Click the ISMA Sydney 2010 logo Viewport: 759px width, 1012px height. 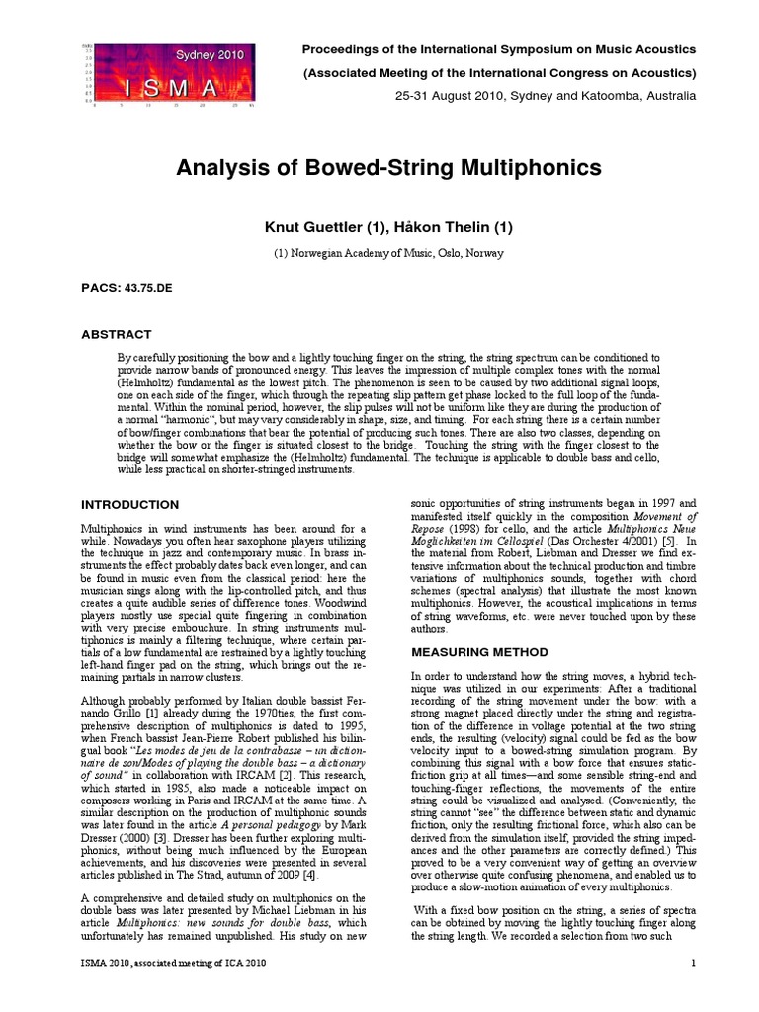pyautogui.click(x=171, y=74)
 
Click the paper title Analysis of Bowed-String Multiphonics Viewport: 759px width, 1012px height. pyautogui.click(x=388, y=168)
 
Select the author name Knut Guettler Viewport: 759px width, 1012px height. pyautogui.click(x=316, y=227)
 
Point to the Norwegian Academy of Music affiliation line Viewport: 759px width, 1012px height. pyautogui.click(x=387, y=253)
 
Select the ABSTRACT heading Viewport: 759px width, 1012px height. pyautogui.click(x=116, y=334)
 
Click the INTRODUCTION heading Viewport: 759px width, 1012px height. pyautogui.click(x=129, y=505)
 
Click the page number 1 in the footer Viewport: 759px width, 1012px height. pyautogui.click(x=694, y=963)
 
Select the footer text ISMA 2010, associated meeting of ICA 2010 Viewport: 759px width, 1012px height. pyautogui.click(x=172, y=963)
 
